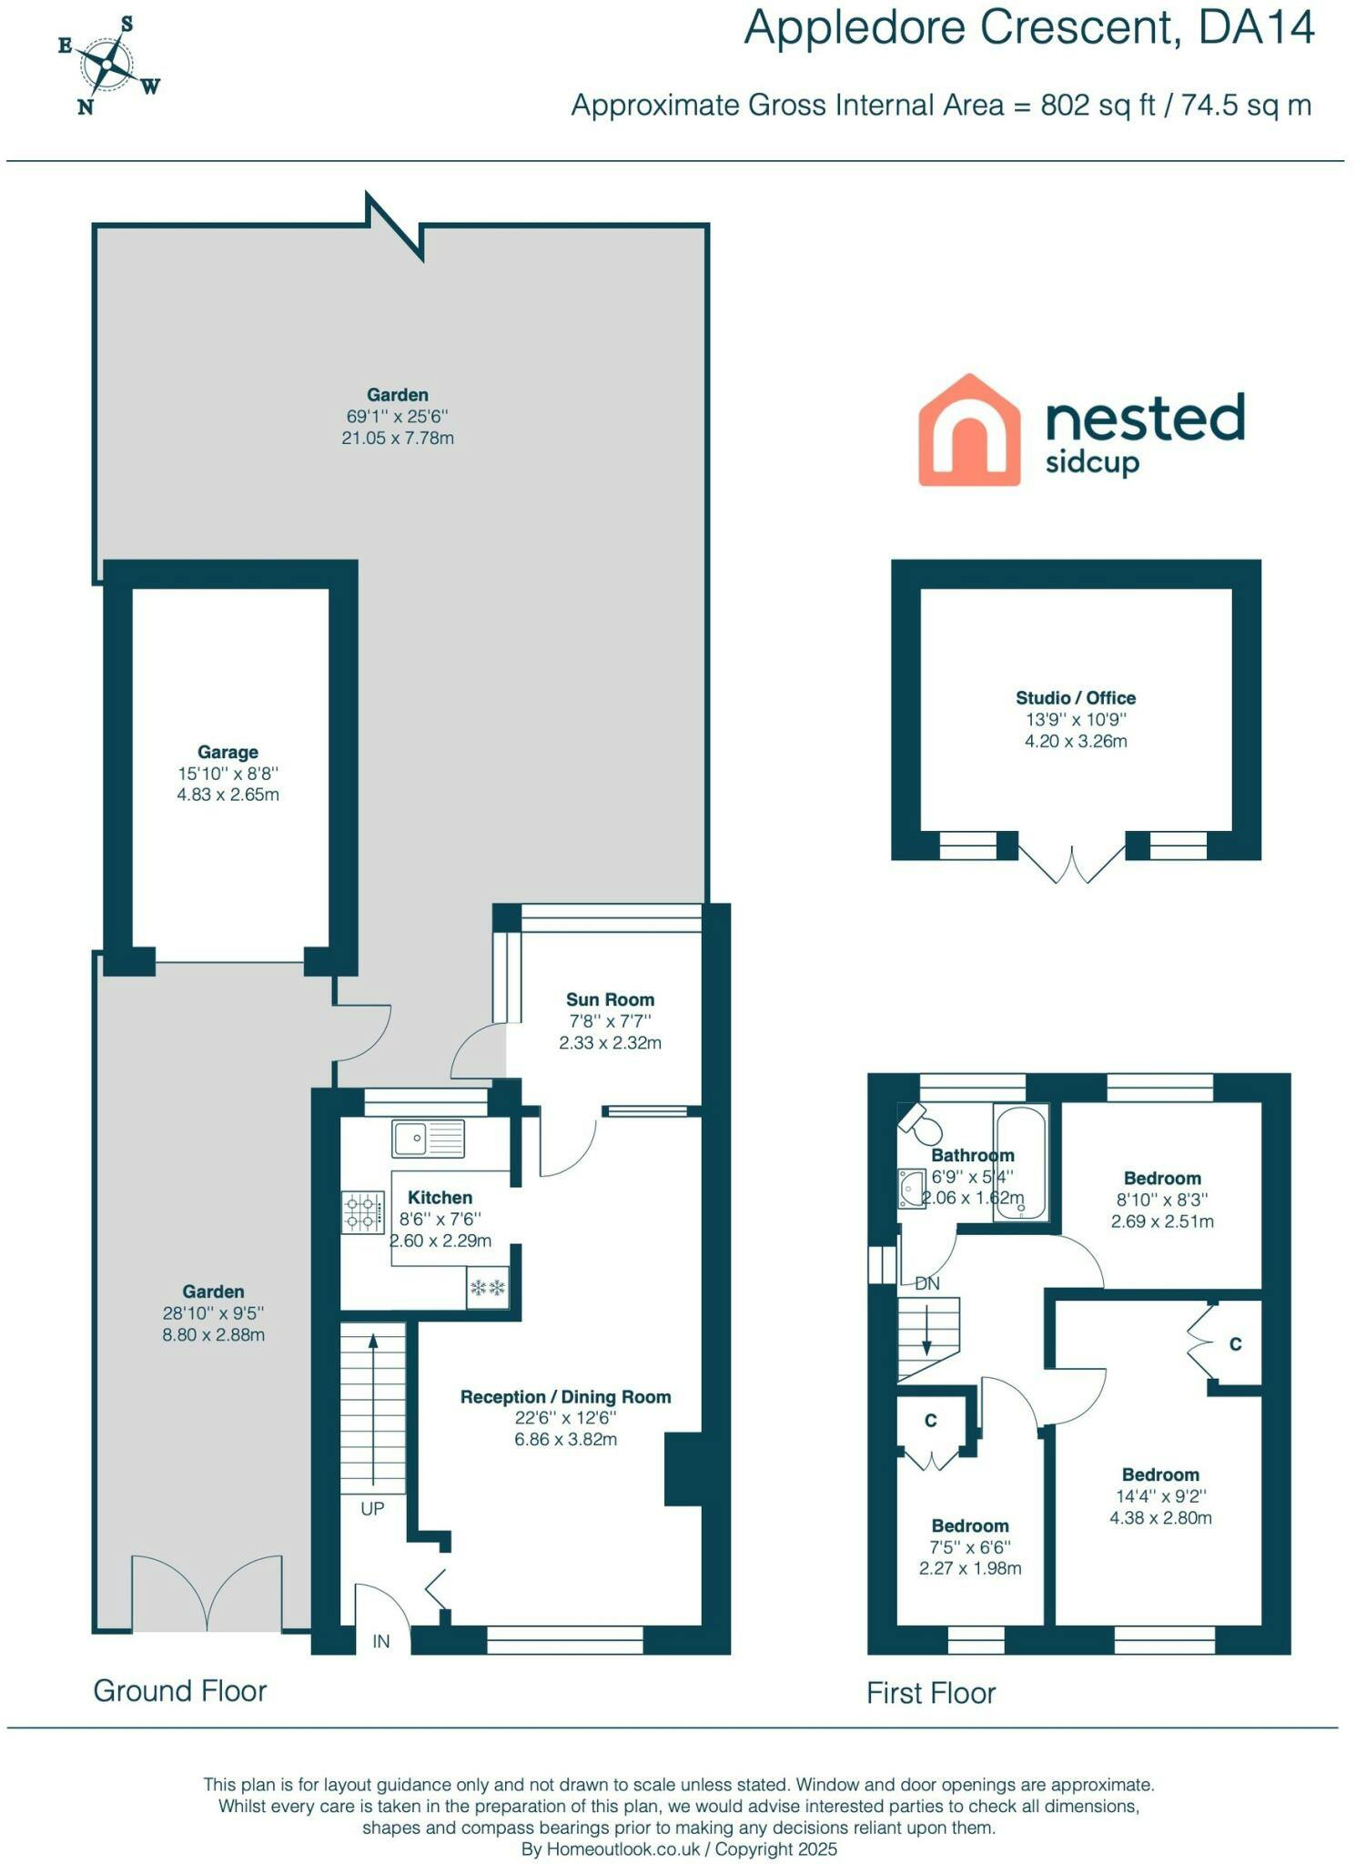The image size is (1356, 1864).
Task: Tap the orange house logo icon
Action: click(968, 430)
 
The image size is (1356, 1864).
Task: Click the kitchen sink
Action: click(428, 1139)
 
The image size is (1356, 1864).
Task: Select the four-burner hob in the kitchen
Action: click(362, 1212)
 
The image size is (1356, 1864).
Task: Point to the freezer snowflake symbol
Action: click(487, 1288)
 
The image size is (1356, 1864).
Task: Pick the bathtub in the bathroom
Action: click(1021, 1161)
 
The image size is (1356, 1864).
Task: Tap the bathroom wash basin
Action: click(910, 1188)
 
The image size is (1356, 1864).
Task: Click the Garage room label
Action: click(228, 752)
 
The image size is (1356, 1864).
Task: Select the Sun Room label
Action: click(610, 999)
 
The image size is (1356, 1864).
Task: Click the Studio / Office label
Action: click(1076, 698)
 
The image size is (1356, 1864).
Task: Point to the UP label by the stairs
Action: click(372, 1508)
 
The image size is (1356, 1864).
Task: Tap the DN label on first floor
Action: click(927, 1283)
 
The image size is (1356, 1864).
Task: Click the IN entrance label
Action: click(381, 1641)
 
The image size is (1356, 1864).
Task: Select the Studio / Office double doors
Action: click(1072, 865)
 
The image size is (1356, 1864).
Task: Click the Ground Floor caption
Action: click(180, 1690)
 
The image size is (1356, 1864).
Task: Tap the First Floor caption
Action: click(931, 1693)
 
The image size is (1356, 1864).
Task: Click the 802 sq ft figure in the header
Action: click(1098, 105)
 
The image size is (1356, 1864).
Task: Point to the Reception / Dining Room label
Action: click(565, 1396)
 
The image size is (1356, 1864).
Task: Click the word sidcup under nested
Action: click(1092, 462)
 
